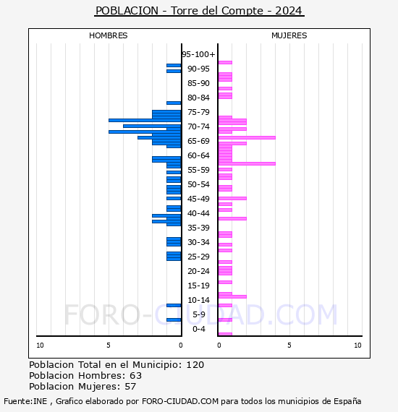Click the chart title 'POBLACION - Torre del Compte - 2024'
pyautogui.click(x=199, y=11)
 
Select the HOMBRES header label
pyautogui.click(x=109, y=35)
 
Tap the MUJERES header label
pyautogui.click(x=289, y=35)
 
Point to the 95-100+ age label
pyautogui.click(x=198, y=54)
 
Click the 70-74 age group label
pyautogui.click(x=198, y=126)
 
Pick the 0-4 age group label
pyautogui.click(x=198, y=329)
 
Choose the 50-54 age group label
pyautogui.click(x=198, y=184)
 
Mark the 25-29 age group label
pyautogui.click(x=198, y=257)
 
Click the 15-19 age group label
pyautogui.click(x=198, y=286)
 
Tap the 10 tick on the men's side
pyautogui.click(x=40, y=346)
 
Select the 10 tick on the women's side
pyautogui.click(x=357, y=346)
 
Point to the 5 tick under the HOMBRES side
pyautogui.click(x=109, y=346)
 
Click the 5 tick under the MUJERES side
pyautogui.click(x=289, y=346)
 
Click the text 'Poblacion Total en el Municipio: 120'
pyautogui.click(x=117, y=365)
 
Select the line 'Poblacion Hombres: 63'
pyautogui.click(x=85, y=376)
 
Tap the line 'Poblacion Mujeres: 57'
pyautogui.click(x=83, y=387)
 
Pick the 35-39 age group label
pyautogui.click(x=198, y=228)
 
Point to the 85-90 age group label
pyautogui.click(x=198, y=83)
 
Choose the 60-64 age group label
pyautogui.click(x=198, y=155)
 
